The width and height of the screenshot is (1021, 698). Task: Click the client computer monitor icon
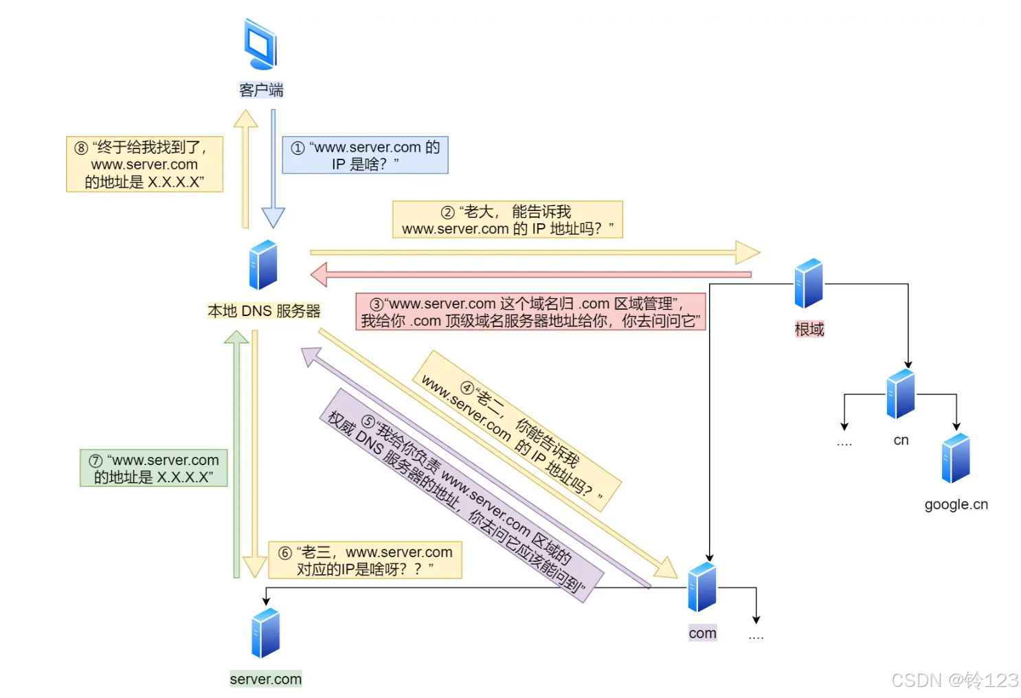pyautogui.click(x=260, y=45)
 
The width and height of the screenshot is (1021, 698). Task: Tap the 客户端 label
pyautogui.click(x=261, y=90)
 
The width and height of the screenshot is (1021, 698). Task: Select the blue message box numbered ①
pyautogui.click(x=365, y=155)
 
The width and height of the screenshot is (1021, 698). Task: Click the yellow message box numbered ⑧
pyautogui.click(x=144, y=164)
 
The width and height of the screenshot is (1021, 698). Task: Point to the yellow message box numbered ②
pyautogui.click(x=507, y=220)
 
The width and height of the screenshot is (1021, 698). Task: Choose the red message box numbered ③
pyautogui.click(x=530, y=312)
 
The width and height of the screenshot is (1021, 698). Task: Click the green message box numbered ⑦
pyautogui.click(x=154, y=469)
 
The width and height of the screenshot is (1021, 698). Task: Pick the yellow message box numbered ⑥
pyautogui.click(x=365, y=561)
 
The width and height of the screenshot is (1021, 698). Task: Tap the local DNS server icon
pyautogui.click(x=263, y=265)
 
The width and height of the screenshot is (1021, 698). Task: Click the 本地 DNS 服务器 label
pyautogui.click(x=264, y=311)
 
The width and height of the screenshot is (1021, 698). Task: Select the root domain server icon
pyautogui.click(x=809, y=283)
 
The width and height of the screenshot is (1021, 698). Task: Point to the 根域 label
pyautogui.click(x=809, y=330)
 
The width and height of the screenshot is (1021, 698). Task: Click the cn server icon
pyautogui.click(x=901, y=394)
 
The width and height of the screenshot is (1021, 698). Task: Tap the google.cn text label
pyautogui.click(x=956, y=504)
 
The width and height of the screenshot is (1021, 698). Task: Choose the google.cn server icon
pyautogui.click(x=956, y=458)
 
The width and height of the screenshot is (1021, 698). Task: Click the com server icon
pyautogui.click(x=702, y=587)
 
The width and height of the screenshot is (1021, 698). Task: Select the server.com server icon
pyautogui.click(x=266, y=633)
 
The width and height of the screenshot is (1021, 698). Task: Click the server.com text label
pyautogui.click(x=266, y=679)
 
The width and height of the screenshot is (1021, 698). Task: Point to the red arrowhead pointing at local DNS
pyautogui.click(x=319, y=275)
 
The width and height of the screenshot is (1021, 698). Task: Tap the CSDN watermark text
pyautogui.click(x=954, y=680)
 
